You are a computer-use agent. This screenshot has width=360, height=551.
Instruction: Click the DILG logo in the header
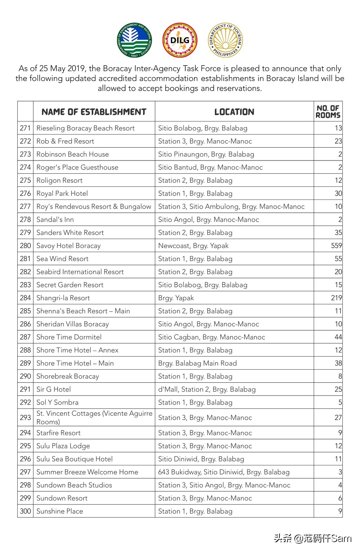tap(180, 40)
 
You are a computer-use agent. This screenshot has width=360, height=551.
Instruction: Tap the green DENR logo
tap(134, 40)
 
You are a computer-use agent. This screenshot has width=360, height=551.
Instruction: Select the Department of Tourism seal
tap(225, 40)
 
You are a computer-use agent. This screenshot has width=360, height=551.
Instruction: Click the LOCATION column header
tap(234, 112)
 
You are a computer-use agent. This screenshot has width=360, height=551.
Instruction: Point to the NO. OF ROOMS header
tap(328, 112)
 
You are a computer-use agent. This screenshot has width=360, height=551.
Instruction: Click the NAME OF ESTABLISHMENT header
tap(94, 112)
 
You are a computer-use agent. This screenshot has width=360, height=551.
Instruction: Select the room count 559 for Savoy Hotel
tap(336, 246)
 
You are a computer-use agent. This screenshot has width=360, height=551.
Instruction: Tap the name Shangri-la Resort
tap(63, 298)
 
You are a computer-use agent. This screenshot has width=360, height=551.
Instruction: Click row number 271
tap(25, 128)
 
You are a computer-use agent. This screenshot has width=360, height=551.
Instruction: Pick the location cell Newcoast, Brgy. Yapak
tap(193, 246)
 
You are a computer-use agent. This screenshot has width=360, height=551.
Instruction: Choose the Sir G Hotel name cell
tap(54, 389)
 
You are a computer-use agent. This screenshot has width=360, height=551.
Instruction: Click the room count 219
tap(336, 298)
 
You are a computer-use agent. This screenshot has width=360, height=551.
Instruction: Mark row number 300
tap(25, 511)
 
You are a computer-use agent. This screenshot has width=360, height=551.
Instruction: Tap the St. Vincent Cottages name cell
tap(94, 417)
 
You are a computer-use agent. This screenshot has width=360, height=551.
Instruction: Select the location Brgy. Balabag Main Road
tap(197, 363)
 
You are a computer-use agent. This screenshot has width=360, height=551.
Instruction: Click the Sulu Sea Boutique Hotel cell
tap(75, 459)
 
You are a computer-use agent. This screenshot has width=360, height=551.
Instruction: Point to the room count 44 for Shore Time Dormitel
tap(338, 337)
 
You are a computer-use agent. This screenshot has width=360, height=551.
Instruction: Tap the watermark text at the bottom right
tap(313, 538)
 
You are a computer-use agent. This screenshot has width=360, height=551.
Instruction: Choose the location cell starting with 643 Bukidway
tap(224, 472)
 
